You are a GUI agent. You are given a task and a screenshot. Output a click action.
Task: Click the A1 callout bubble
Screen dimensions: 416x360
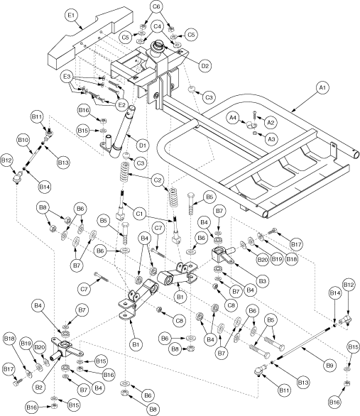pos(321,87)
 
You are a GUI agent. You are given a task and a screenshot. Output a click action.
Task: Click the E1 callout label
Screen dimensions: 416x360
pos(70,13)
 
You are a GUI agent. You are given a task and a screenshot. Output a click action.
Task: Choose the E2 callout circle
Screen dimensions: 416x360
pos(122,104)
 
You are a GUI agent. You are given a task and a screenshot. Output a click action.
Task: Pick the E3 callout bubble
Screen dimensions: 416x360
pos(67,75)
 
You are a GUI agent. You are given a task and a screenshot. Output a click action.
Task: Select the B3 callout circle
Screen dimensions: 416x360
pos(263,282)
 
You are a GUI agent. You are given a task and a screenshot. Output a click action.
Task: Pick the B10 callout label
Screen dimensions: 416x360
pos(22,141)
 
